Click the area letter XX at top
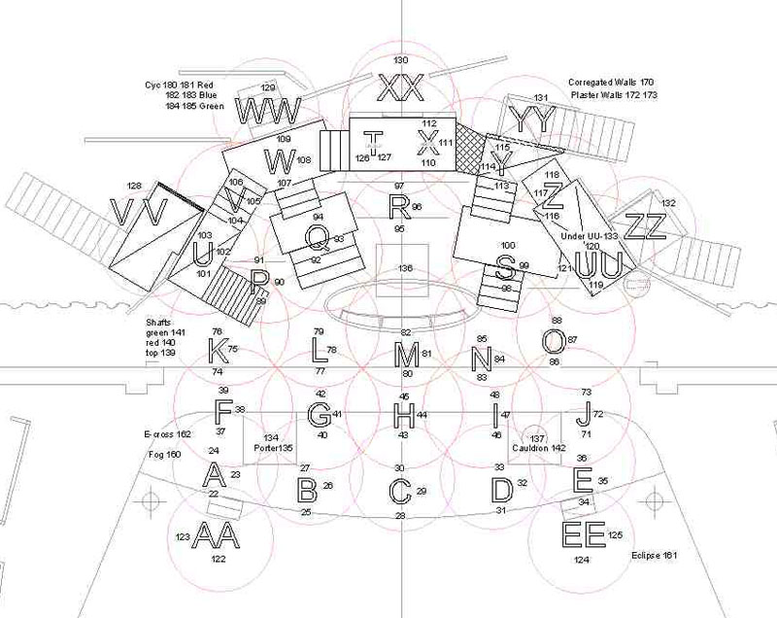pos(400,88)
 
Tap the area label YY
pos(535,120)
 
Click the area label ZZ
pos(645,225)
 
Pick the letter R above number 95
pos(398,206)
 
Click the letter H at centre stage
pos(403,416)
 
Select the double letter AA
pos(216,535)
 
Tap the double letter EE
pos(584,535)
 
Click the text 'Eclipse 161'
pos(654,556)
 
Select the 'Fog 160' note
pos(164,455)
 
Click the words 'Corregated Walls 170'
pos(612,85)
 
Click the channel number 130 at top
pos(400,60)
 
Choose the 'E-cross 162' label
pos(167,434)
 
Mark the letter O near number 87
pos(553,340)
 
